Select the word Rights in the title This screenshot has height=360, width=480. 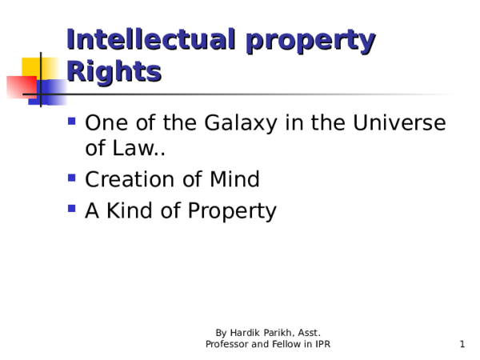(x=113, y=72)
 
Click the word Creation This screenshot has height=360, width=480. (x=131, y=180)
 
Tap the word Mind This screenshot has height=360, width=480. (x=234, y=180)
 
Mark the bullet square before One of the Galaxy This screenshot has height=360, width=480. (x=72, y=123)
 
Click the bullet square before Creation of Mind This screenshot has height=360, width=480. (x=72, y=179)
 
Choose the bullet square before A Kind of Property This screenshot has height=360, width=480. (x=72, y=210)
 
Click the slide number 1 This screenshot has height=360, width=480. (x=462, y=344)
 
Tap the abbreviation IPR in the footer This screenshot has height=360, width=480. (x=322, y=344)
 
